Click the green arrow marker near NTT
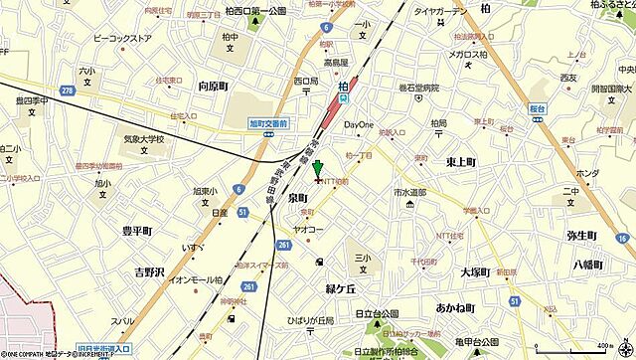318,170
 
